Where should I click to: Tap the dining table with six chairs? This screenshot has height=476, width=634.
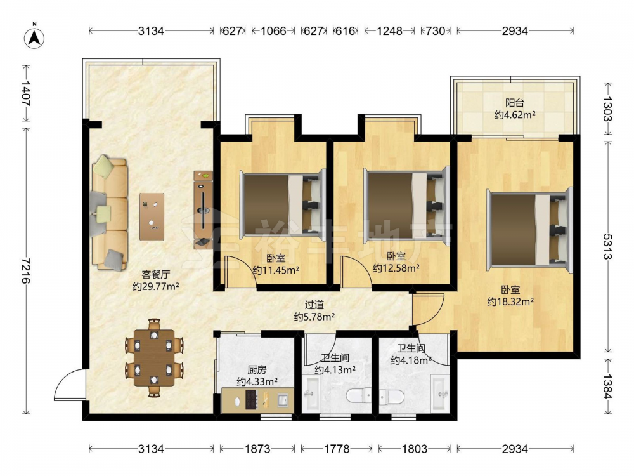click(154, 357)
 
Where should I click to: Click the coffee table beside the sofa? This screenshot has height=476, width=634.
click(152, 216)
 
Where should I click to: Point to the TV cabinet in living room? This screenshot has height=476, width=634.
click(203, 209)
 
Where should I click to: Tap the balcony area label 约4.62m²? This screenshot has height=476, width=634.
click(515, 115)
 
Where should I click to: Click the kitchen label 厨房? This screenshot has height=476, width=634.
click(257, 369)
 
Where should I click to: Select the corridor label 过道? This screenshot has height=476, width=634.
click(314, 305)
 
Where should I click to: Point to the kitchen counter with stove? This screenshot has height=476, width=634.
click(257, 400)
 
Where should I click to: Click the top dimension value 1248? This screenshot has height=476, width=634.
click(389, 30)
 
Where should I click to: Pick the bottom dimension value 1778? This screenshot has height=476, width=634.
click(337, 449)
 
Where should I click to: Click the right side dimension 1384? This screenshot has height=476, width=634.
click(608, 386)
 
